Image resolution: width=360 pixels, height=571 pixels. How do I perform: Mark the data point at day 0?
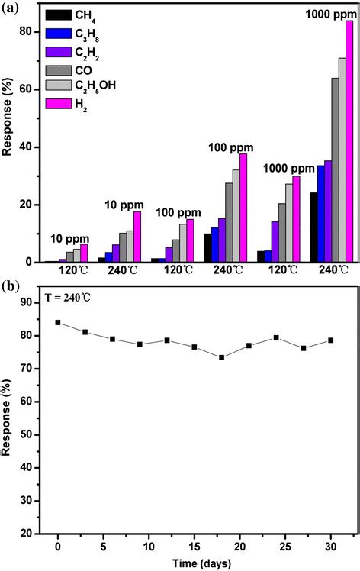click(58, 322)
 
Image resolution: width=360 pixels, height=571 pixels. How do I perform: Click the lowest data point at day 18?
click(221, 357)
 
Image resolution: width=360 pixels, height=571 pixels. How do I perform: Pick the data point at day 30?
click(330, 340)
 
